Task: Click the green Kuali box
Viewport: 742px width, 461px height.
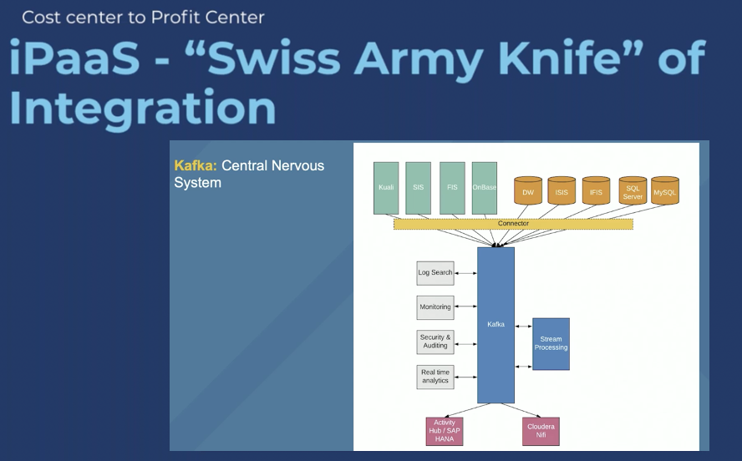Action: [x=386, y=188]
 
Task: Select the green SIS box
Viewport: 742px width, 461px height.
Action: [x=419, y=188]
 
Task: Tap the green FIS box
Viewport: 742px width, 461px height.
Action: [x=452, y=188]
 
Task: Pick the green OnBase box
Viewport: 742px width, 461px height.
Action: [x=485, y=188]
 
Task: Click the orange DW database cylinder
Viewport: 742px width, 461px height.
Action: [x=528, y=192]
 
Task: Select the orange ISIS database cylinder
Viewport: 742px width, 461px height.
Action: [x=562, y=192]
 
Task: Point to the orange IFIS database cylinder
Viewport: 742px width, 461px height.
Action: [x=596, y=192]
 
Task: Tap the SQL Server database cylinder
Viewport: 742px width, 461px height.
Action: [x=633, y=192]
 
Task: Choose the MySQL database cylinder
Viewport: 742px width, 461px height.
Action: [x=665, y=192]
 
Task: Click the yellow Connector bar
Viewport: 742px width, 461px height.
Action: [x=513, y=224]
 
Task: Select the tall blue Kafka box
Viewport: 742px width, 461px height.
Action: [x=496, y=325]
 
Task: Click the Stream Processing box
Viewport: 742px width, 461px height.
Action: [x=551, y=343]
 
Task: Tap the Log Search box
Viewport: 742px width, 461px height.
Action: [x=435, y=273]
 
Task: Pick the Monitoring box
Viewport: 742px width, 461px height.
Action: [x=435, y=307]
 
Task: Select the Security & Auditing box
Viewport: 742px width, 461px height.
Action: [x=435, y=342]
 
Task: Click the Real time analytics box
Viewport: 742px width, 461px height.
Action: [x=435, y=377]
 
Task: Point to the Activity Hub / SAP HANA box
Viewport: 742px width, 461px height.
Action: [x=444, y=431]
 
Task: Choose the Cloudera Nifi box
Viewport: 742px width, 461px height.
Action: [x=541, y=431]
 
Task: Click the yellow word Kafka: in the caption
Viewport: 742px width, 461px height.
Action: [x=196, y=165]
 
